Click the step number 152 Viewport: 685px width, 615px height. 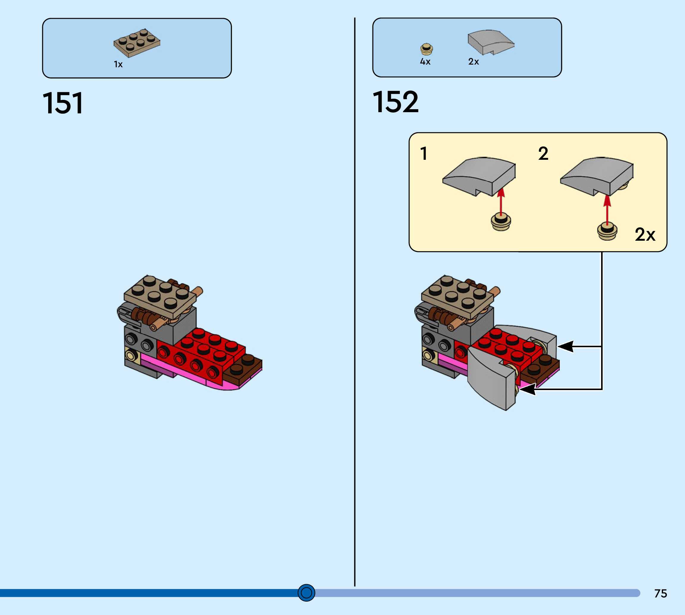pos(395,102)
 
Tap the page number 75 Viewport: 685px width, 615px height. pos(660,593)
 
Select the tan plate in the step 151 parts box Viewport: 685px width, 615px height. pos(137,42)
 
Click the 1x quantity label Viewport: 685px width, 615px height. pos(118,64)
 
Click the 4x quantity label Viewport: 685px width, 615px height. pos(425,62)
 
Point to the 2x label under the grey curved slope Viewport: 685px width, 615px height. pos(473,62)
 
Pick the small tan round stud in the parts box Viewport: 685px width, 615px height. pos(427,49)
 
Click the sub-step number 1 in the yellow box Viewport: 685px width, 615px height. pos(424,154)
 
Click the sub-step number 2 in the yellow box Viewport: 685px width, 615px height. pos(543,154)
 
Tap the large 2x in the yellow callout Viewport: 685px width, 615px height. pos(645,234)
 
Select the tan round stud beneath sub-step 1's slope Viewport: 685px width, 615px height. pos(501,222)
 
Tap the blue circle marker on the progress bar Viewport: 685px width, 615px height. pos(306,593)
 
